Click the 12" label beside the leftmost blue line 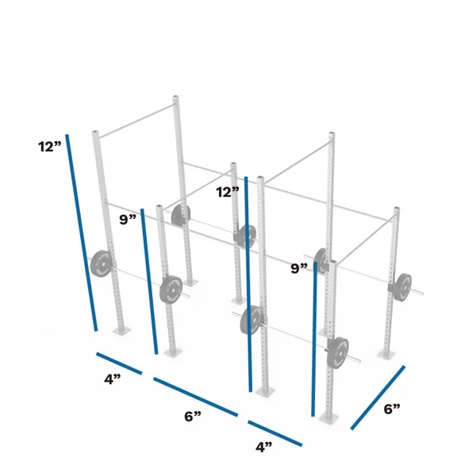pos(50,147)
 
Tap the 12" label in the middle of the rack pos(228,192)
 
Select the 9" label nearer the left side pos(128,220)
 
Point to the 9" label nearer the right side pos(299,269)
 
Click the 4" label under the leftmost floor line pos(113,379)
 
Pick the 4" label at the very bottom pos(264,447)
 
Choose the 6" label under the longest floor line pos(193,416)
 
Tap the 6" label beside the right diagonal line pos(392,409)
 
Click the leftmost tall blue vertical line pos(82,232)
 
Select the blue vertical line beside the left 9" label pos(149,282)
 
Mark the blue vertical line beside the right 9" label pos(314,339)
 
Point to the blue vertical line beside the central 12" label pos(248,284)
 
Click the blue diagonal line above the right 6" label pos(378,397)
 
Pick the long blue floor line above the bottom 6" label pos(195,397)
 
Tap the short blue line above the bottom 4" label pos(275,433)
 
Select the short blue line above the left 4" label pos(119,363)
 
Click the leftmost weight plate pos(101,264)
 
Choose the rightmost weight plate pos(402,287)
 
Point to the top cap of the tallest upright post pos(176,98)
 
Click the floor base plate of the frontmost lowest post pos(328,418)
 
